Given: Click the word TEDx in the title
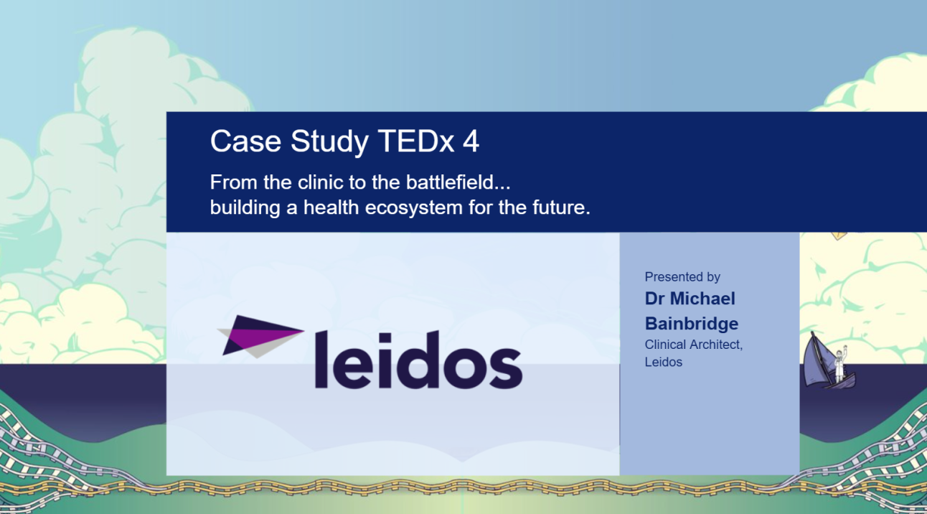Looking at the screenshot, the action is point(416,141).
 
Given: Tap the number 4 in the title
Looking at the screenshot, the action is point(471,141).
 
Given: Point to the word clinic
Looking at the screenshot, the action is point(320,182).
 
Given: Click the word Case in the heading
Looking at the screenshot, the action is point(246,141).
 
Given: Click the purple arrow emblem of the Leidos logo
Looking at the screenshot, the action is point(260,336).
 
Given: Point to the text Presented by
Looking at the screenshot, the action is point(682,277).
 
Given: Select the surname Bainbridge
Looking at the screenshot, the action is point(692,324).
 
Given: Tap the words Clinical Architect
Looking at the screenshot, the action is point(694,345).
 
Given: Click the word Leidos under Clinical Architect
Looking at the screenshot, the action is point(664,362).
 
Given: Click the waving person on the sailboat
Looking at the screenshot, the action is point(839,364).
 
